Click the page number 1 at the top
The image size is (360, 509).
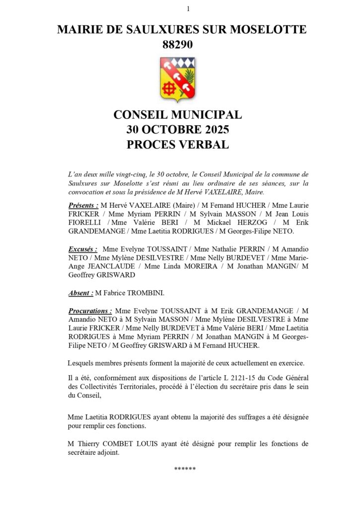188,8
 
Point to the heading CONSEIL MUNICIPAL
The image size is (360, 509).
178,115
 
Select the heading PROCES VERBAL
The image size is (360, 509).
178,145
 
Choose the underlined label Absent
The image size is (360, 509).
81,293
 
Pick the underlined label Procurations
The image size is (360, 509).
90,311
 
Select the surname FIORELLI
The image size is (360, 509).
86,223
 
